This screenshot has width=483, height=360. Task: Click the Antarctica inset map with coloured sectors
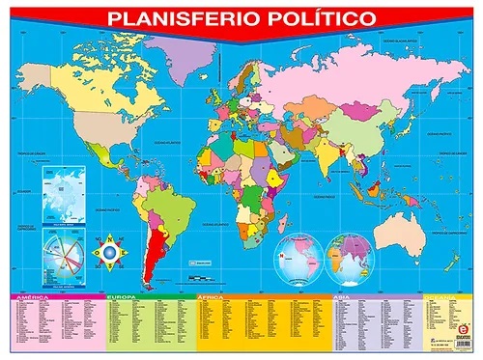[61, 258]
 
